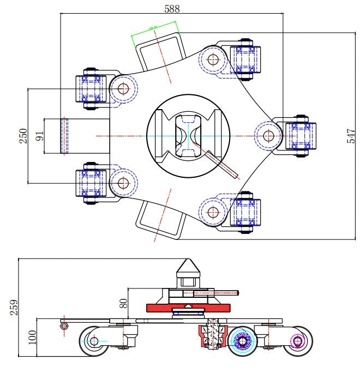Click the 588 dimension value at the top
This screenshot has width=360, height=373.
pyautogui.click(x=172, y=8)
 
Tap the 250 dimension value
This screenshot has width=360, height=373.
pyautogui.click(x=23, y=136)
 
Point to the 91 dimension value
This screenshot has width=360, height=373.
pyautogui.click(x=39, y=136)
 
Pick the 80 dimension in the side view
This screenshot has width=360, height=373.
pyautogui.click(x=124, y=303)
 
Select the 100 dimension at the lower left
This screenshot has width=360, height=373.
pyautogui.click(x=32, y=338)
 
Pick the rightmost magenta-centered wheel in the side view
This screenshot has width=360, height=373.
pyautogui.click(x=298, y=341)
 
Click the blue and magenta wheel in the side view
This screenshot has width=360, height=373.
pyautogui.click(x=242, y=341)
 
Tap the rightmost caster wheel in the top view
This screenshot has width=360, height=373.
pyautogui.click(x=299, y=135)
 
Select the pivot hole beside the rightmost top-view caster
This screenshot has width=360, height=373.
pyautogui.click(x=268, y=135)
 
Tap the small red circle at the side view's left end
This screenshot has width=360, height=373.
pyautogui.click(x=64, y=326)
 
